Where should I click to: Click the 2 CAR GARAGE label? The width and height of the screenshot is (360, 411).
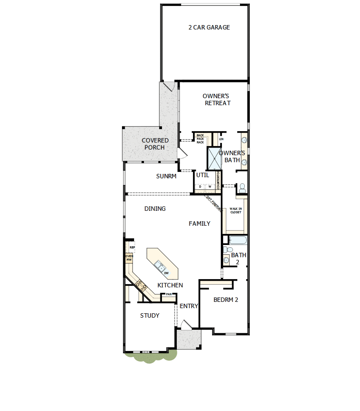tap(209, 27)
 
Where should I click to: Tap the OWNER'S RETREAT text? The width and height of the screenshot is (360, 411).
tap(216, 100)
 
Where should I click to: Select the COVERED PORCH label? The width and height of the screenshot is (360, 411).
tap(155, 144)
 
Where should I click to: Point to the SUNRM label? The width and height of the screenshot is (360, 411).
tap(166, 176)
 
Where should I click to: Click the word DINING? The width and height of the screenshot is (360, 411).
tap(155, 209)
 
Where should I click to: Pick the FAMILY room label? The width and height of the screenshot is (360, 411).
tap(199, 224)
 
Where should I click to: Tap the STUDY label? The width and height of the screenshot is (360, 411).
tap(150, 316)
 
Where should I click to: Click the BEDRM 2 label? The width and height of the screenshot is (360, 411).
tap(226, 300)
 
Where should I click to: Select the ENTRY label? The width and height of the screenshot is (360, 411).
tap(189, 306)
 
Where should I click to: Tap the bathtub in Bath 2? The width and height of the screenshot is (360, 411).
tap(238, 239)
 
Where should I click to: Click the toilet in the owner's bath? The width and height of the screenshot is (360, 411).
tap(242, 188)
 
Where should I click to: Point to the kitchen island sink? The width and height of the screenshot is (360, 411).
tap(159, 266)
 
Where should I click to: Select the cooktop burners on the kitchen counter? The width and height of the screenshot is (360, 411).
tap(141, 285)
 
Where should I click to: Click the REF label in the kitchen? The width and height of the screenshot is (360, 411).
tap(132, 248)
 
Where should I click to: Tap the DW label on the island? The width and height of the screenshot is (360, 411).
tap(167, 273)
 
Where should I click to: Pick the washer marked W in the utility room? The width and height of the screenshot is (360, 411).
tap(210, 186)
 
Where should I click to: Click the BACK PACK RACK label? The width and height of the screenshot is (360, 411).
tap(200, 139)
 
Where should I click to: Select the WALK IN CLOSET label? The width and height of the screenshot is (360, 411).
tap(236, 211)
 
